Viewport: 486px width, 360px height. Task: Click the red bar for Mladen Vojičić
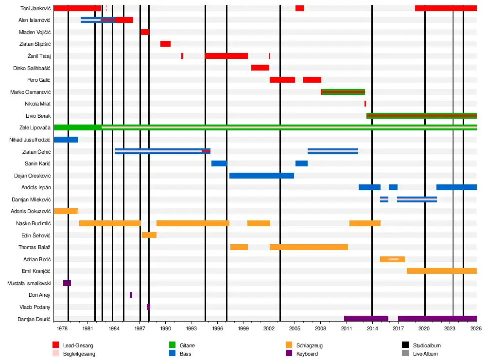[145, 32]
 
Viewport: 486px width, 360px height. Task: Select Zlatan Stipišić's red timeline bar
[165, 44]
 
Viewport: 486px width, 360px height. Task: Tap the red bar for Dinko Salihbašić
[260, 68]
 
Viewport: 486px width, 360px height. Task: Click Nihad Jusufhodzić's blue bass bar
[66, 140]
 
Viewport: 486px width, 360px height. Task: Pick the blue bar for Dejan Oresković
[261, 176]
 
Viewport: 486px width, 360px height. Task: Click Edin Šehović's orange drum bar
[149, 235]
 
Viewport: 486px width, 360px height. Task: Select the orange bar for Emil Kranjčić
[442, 271]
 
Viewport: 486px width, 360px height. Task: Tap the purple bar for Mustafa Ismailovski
[67, 283]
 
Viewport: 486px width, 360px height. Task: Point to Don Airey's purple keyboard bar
[131, 295]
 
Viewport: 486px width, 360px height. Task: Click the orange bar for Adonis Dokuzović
[66, 211]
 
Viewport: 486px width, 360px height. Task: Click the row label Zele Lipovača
[35, 127]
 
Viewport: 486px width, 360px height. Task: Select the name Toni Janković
[35, 8]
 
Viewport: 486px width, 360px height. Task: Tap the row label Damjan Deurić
[34, 319]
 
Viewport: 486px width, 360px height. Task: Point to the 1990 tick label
[166, 328]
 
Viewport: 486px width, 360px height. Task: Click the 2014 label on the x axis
[372, 328]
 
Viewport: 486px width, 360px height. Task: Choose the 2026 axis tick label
[476, 328]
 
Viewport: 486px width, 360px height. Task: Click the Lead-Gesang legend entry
[73, 345]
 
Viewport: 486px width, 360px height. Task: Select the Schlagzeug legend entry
[304, 345]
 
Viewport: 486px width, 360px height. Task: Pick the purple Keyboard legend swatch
[289, 353]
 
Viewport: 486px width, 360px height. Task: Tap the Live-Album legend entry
[420, 353]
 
